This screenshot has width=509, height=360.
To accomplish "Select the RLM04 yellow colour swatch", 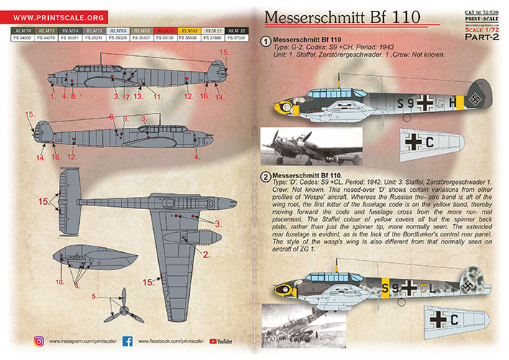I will pyautogui.click(x=189, y=32).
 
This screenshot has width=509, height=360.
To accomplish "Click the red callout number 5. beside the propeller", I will pyautogui.click(x=95, y=295).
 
